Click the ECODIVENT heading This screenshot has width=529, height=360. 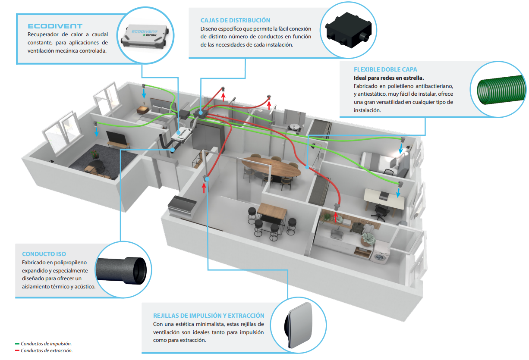click(55, 26)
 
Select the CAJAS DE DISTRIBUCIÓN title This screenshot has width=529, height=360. click(235, 20)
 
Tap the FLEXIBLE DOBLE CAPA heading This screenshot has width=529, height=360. click(385, 69)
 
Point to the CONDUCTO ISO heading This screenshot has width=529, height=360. click(44, 254)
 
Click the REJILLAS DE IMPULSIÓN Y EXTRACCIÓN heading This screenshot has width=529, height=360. click(208, 316)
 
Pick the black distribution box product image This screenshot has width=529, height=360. click(348, 30)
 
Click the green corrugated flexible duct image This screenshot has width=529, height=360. click(501, 90)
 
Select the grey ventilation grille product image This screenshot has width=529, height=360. click(299, 325)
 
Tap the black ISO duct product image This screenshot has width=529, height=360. click(122, 270)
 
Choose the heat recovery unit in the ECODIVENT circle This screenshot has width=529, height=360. click(145, 36)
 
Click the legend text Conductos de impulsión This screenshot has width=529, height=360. click(46, 344)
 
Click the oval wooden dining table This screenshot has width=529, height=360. click(271, 167)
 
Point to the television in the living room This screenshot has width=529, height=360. click(117, 138)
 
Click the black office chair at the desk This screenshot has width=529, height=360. click(380, 211)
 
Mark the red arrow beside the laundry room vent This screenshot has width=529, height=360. click(336, 217)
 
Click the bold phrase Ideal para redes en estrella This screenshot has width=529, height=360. click(389, 78)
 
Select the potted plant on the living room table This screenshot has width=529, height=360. click(94, 154)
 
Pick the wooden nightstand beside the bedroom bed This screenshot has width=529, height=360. click(143, 110)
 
